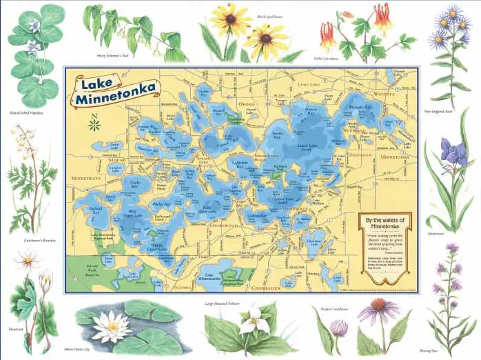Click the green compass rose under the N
click(x=94, y=125)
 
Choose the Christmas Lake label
click(x=316, y=243)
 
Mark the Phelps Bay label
click(x=163, y=204)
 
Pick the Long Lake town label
click(x=305, y=84)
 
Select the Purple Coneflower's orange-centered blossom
click(x=378, y=305)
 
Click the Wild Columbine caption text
click(x=327, y=58)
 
